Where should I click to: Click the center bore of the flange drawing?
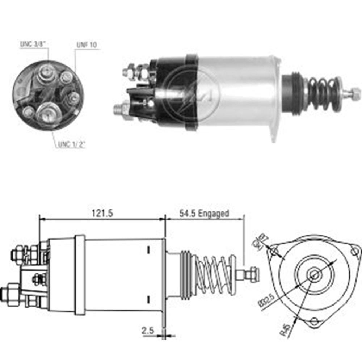point(315,275)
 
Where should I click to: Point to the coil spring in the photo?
point(322,93)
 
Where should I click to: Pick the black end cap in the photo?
point(174,92)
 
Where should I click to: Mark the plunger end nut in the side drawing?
point(253,274)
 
